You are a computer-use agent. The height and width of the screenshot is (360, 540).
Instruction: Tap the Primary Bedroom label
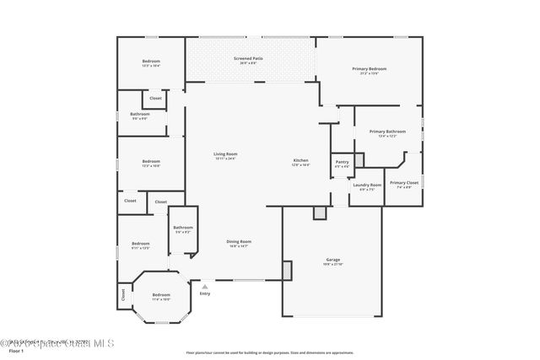click(x=369, y=68)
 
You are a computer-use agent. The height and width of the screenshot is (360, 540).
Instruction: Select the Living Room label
click(x=224, y=154)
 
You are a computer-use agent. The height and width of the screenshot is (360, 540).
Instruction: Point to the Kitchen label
click(x=300, y=160)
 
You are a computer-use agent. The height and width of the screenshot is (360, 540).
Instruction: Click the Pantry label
click(x=342, y=162)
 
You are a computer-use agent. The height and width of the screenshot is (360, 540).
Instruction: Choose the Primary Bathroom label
click(x=387, y=132)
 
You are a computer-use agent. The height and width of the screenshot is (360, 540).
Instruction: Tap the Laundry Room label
click(x=367, y=185)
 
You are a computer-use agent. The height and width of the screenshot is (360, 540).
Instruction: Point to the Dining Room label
click(x=239, y=242)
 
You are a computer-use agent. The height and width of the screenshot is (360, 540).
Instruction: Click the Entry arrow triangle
click(x=204, y=286)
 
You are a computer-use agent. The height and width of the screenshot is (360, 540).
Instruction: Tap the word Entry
click(x=204, y=293)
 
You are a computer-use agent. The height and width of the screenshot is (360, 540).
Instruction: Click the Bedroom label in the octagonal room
click(x=160, y=294)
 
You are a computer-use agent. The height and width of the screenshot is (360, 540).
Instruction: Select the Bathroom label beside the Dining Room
click(x=183, y=228)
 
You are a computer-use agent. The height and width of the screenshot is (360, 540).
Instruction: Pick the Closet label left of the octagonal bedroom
click(x=123, y=293)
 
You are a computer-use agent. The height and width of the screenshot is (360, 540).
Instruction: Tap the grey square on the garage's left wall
click(x=287, y=271)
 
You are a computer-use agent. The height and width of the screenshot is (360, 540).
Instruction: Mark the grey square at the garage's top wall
click(x=319, y=213)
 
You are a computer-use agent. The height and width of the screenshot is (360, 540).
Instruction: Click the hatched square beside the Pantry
click(x=359, y=159)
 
